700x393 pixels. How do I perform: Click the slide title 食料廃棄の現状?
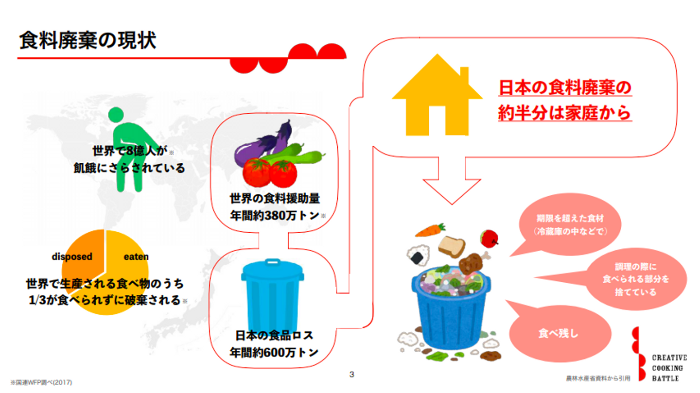(x=87, y=41)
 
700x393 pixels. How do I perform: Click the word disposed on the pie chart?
(x=72, y=256)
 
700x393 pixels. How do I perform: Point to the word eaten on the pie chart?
(x=136, y=256)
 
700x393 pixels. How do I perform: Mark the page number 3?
(x=352, y=374)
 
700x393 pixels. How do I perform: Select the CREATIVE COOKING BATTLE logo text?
(x=669, y=368)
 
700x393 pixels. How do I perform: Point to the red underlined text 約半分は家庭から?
(x=564, y=113)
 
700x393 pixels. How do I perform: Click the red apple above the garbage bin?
(x=489, y=238)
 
